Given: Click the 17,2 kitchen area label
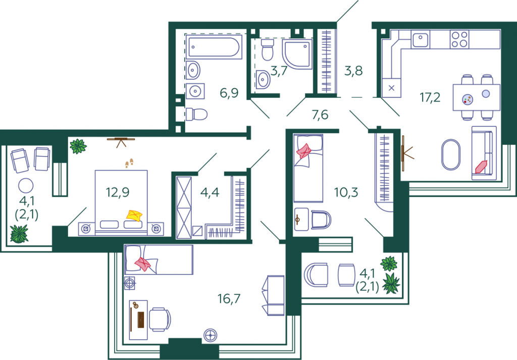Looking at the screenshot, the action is pyautogui.click(x=430, y=97).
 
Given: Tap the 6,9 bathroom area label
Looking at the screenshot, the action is pyautogui.click(x=229, y=93).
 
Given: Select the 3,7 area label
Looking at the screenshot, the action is pyautogui.click(x=279, y=71).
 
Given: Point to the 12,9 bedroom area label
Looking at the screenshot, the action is pyautogui.click(x=118, y=192).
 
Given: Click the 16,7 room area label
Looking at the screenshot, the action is pyautogui.click(x=229, y=299).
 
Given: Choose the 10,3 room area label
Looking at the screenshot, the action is pyautogui.click(x=346, y=192).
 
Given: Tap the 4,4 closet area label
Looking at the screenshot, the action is pyautogui.click(x=210, y=192).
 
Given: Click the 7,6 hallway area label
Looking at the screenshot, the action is pyautogui.click(x=320, y=115).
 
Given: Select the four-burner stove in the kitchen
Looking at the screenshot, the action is pyautogui.click(x=459, y=39).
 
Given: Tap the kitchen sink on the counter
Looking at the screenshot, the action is pyautogui.click(x=421, y=39).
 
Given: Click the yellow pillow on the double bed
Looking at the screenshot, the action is pyautogui.click(x=134, y=216).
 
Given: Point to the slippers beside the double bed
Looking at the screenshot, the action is pyautogui.click(x=129, y=163).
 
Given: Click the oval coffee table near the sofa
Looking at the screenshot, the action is pyautogui.click(x=451, y=155).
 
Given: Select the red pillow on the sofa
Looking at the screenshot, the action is pyautogui.click(x=481, y=167).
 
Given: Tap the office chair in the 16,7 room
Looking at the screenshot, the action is pyautogui.click(x=160, y=320).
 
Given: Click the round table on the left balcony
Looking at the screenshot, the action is pyautogui.click(x=26, y=186).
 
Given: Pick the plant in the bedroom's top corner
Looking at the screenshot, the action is pyautogui.click(x=78, y=146).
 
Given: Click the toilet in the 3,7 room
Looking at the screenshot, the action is pyautogui.click(x=268, y=49).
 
